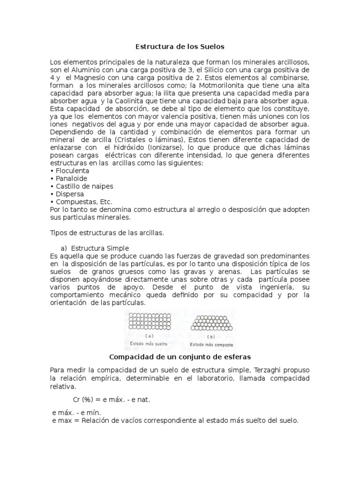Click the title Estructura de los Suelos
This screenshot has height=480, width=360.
(x=180, y=46)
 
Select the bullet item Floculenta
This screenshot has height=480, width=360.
(x=72, y=171)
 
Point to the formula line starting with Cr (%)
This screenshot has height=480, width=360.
(x=112, y=399)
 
